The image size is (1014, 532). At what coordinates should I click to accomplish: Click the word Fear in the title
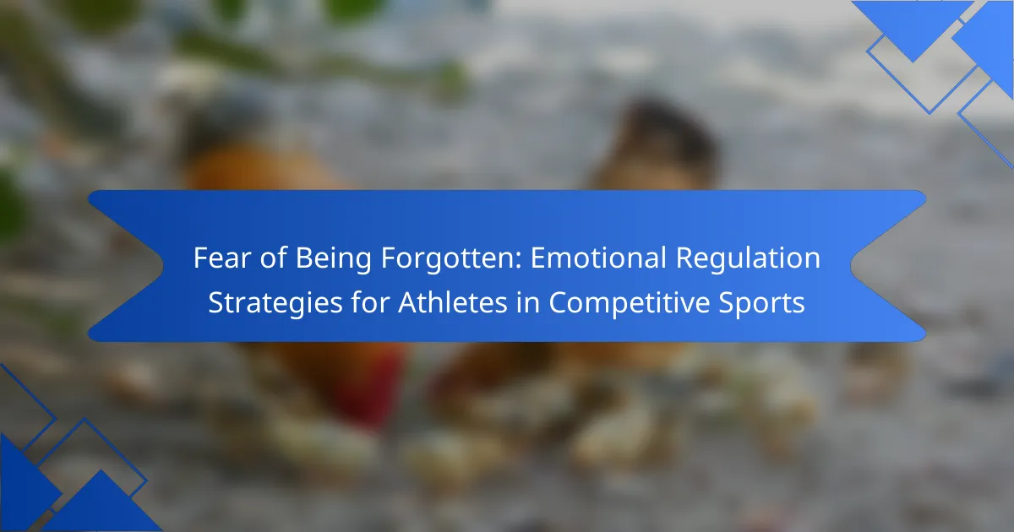(x=222, y=258)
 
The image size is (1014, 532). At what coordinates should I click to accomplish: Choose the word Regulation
(x=748, y=258)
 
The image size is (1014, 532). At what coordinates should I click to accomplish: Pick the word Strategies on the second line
(x=275, y=303)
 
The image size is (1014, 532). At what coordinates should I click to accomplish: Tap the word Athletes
(x=453, y=302)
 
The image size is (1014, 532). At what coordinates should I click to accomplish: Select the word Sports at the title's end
(x=762, y=303)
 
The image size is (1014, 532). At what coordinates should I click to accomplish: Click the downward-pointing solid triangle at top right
(x=913, y=23)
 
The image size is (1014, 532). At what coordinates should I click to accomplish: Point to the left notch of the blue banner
(x=162, y=266)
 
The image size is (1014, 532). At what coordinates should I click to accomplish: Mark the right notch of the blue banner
(x=851, y=266)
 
